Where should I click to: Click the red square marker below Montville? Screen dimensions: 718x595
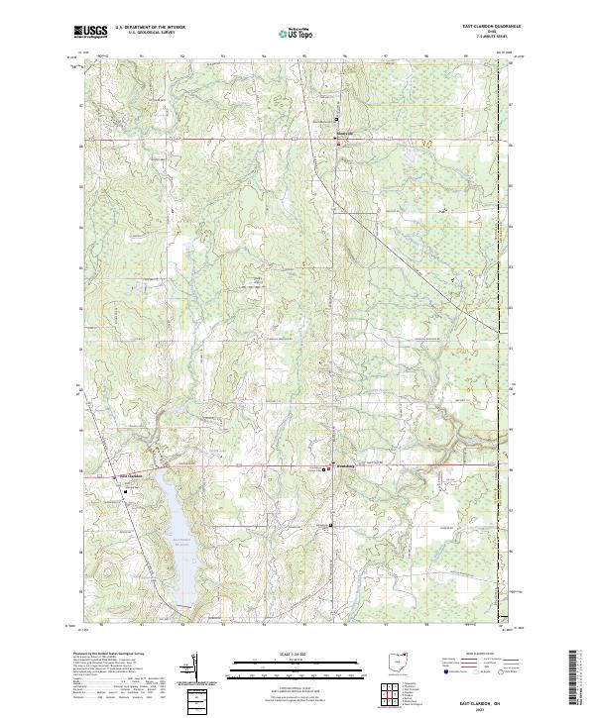(x=337, y=145)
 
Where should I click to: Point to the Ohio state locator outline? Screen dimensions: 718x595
(x=400, y=660)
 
